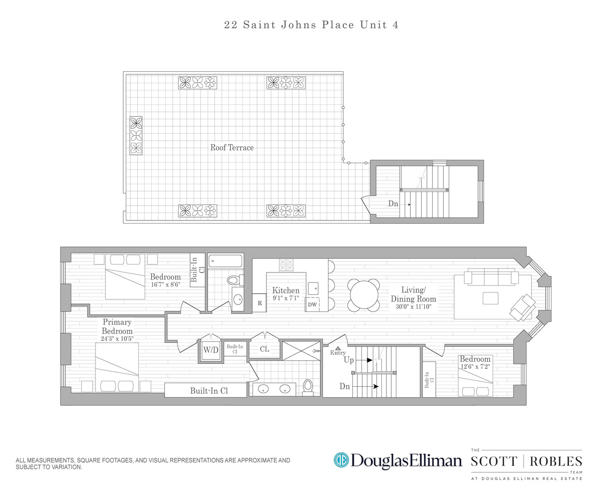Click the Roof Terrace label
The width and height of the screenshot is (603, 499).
232,148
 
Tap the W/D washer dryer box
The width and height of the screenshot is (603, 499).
210,350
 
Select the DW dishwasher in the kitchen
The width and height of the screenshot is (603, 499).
312,304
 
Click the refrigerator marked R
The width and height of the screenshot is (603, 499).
260,303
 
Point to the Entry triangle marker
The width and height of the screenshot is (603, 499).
338,348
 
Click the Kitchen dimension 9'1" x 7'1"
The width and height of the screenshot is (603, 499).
286,298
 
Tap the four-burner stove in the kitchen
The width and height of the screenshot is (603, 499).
286,265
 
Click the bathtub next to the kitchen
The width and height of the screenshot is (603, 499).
225,260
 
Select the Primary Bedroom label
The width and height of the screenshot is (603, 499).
117,327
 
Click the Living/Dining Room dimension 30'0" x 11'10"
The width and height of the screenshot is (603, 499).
413,307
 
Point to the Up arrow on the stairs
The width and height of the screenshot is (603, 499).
368,360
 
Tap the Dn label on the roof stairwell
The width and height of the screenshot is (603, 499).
393,204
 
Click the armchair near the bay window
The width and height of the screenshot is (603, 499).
522,306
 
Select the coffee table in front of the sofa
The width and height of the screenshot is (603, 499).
490,298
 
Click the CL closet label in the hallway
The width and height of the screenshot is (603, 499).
265,349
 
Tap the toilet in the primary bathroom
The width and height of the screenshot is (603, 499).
308,387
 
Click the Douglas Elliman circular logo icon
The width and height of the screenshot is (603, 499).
341,460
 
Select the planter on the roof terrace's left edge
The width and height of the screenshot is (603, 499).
136,135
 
